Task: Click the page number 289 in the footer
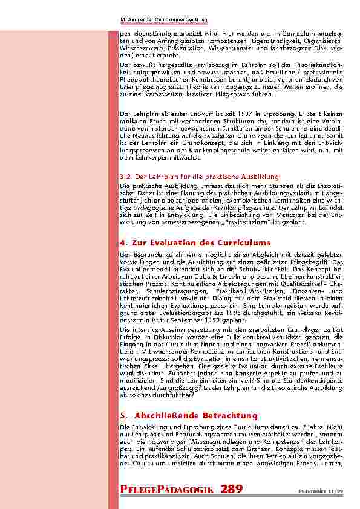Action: (x=232, y=490)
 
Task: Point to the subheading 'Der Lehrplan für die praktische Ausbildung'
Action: (x=191, y=177)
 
